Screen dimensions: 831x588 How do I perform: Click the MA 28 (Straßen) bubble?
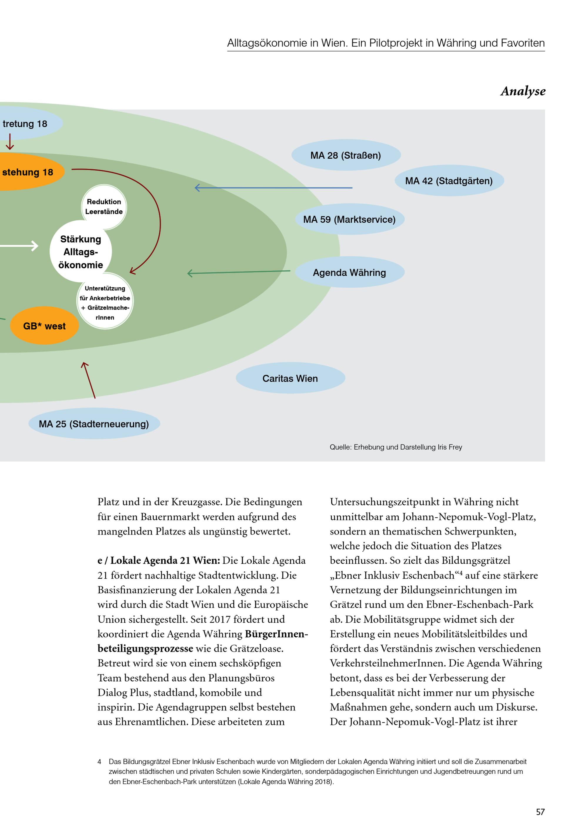point(346,155)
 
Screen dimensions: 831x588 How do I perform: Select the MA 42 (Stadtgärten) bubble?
point(449,181)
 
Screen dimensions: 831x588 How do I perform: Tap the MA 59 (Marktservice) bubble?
point(349,219)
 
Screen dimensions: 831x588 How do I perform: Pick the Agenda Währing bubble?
point(349,272)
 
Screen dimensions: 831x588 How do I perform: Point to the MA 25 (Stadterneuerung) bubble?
point(94,424)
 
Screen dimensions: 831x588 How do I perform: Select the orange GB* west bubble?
point(44,326)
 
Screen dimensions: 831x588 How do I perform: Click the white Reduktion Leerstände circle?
point(104,207)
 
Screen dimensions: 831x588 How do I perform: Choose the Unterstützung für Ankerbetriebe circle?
point(105,303)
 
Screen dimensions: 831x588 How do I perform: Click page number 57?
point(540,812)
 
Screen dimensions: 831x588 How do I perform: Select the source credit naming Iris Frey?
point(396,447)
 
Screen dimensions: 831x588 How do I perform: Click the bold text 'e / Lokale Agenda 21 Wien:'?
point(158,561)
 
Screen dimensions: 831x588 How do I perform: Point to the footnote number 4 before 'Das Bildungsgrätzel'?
point(99,762)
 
